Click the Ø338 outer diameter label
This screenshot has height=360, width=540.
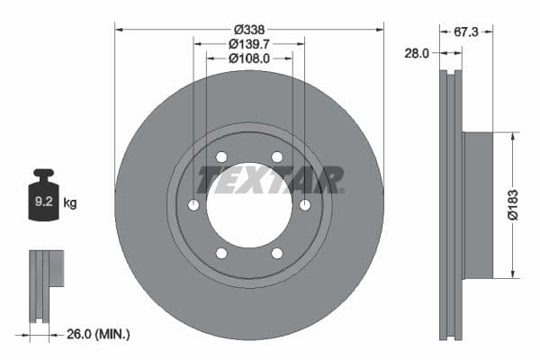click(249, 30)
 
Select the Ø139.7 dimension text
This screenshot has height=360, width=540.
click(249, 44)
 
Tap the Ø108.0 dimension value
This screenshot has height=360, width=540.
click(249, 58)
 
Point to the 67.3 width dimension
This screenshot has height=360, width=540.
click(465, 31)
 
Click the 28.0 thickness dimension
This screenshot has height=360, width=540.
click(415, 53)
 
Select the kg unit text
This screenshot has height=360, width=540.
click(70, 203)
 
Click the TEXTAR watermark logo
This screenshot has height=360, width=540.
click(270, 180)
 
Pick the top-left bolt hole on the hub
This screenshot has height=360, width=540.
click(221, 157)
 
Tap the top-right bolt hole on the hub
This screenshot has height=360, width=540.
click(277, 157)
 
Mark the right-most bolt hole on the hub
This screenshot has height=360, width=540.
click(305, 205)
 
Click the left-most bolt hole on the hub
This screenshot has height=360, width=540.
click(193, 205)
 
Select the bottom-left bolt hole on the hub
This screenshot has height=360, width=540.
click(221, 254)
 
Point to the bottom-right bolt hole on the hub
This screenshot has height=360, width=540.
click(277, 254)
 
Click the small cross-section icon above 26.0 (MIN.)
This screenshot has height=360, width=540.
click(46, 283)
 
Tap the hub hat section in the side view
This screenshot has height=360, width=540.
click(478, 205)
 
